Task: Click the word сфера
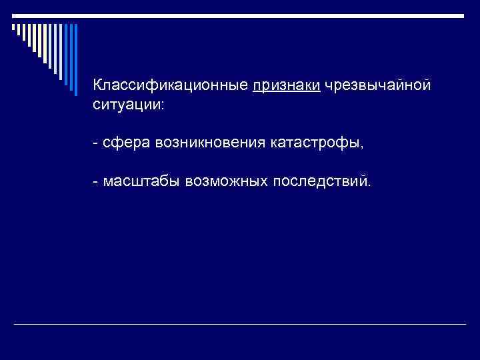[x=126, y=143]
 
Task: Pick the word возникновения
[x=210, y=143]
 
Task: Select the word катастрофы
[x=316, y=143]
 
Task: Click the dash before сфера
[x=96, y=143]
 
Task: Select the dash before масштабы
[x=96, y=181]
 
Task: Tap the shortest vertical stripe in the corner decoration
[x=13, y=27]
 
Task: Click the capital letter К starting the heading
[x=98, y=86]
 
